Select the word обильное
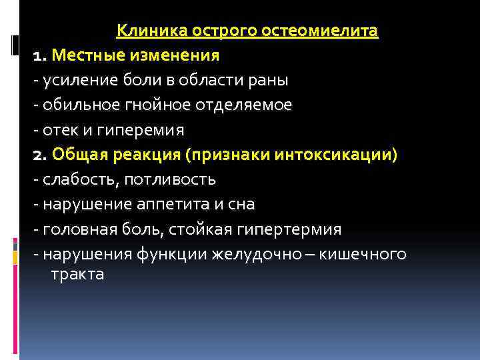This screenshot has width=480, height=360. point(79,105)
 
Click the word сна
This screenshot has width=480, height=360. point(242,205)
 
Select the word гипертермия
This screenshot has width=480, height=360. point(293,229)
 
